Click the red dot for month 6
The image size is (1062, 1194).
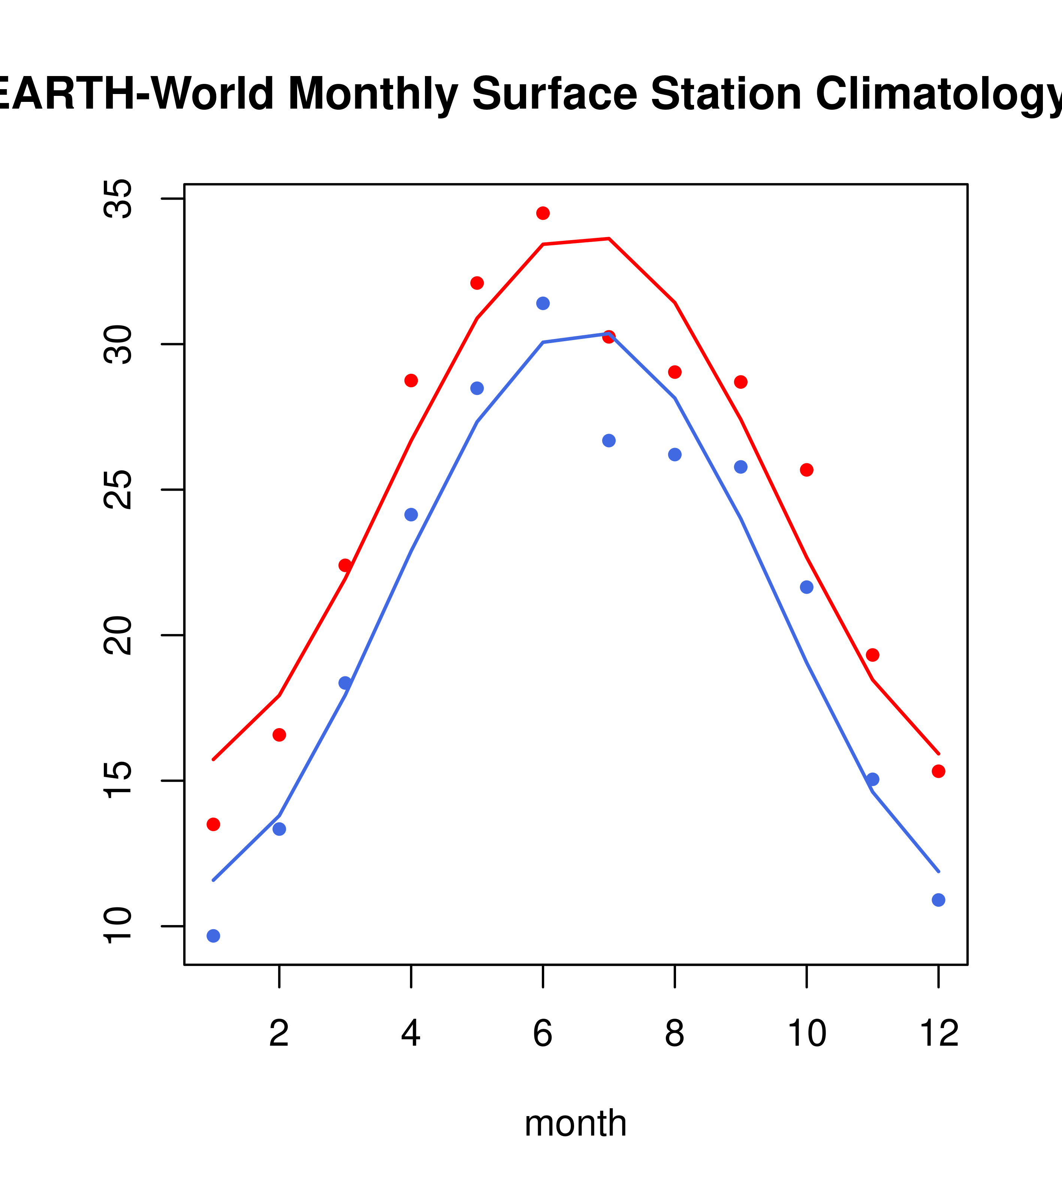543,213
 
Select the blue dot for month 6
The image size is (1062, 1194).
543,303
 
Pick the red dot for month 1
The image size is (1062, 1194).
213,824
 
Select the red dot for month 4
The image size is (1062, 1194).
411,380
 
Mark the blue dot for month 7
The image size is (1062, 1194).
609,440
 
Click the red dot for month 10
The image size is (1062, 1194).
806,470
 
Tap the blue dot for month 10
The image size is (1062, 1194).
806,587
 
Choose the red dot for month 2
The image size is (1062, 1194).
280,735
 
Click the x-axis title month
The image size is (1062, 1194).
576,1123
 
